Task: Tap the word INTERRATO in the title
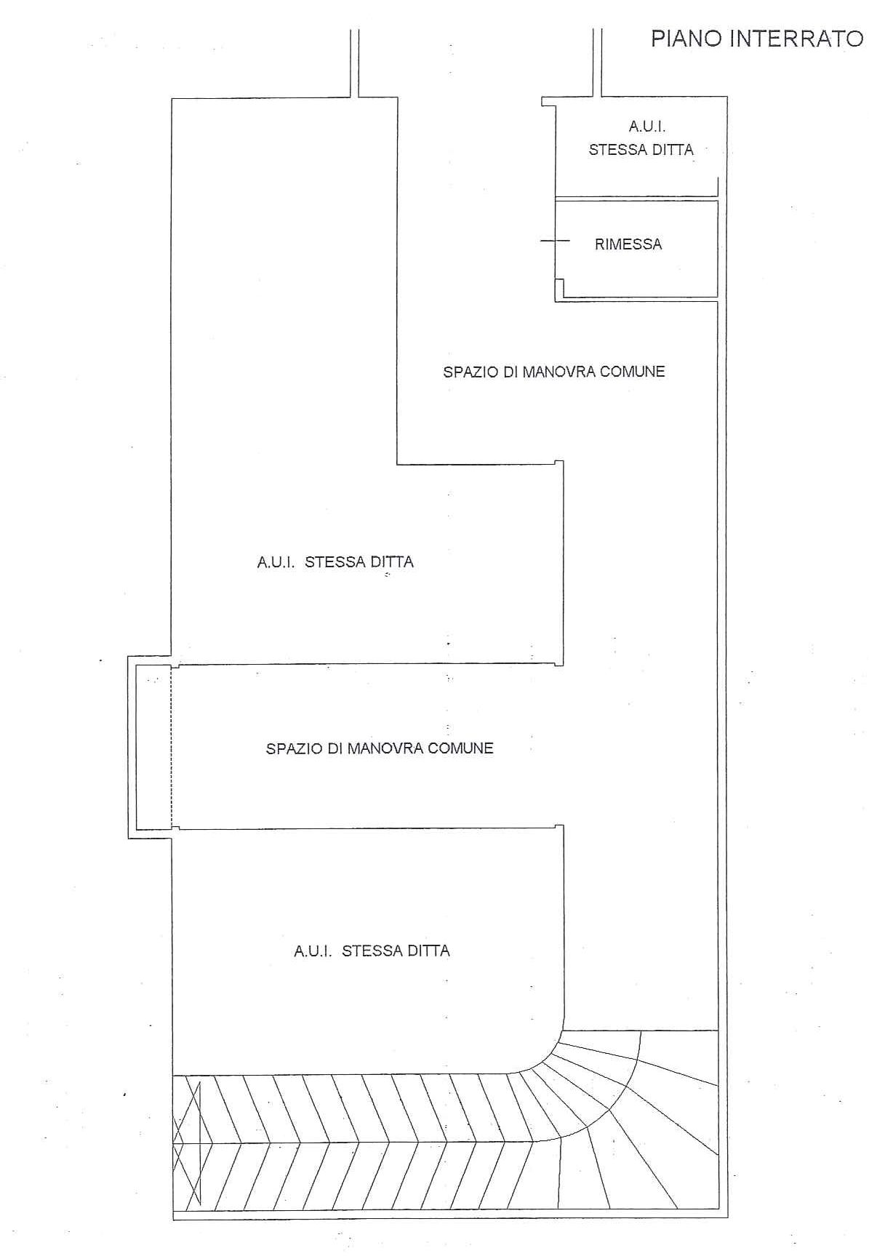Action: pyautogui.click(x=796, y=38)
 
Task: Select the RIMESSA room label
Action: pyautogui.click(x=628, y=244)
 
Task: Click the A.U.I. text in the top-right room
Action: pyautogui.click(x=647, y=127)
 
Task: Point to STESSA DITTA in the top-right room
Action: pyautogui.click(x=641, y=150)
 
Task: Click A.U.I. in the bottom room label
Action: pyautogui.click(x=313, y=951)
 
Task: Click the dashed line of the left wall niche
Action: pyautogui.click(x=171, y=747)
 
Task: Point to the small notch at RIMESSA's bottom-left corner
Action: pyautogui.click(x=559, y=289)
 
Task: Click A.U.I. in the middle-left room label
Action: pyautogui.click(x=276, y=562)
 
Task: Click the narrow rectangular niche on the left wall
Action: pyautogui.click(x=151, y=747)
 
